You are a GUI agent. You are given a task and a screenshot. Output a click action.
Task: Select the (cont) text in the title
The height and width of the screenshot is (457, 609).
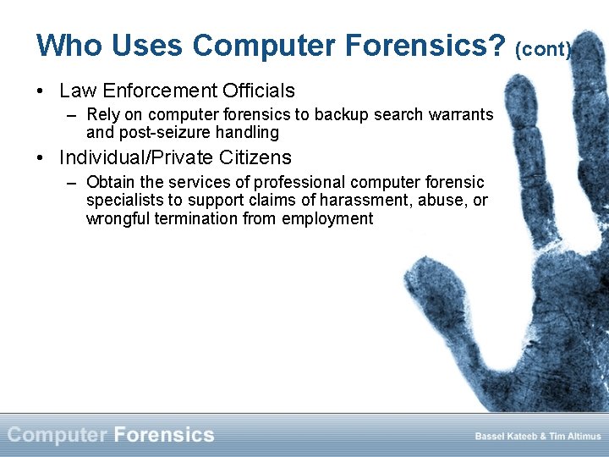543,50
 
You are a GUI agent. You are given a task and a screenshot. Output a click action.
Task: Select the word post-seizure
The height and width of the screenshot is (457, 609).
164,132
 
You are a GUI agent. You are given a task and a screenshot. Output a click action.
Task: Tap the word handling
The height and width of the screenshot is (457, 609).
248,132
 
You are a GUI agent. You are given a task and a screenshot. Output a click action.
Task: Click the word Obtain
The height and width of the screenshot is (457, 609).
109,182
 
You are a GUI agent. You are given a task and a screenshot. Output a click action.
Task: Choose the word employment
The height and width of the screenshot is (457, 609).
327,219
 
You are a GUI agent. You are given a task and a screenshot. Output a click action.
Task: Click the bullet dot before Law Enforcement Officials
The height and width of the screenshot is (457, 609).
41,91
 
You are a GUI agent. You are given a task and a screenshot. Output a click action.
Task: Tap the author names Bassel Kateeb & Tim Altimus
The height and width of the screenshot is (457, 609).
538,436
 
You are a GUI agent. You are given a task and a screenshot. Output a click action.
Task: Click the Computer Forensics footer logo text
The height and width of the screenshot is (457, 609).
111,435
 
